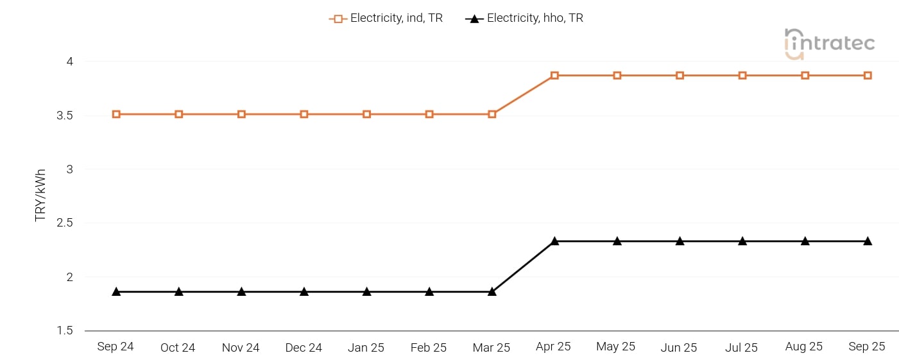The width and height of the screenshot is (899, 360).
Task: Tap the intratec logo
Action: [x=829, y=43]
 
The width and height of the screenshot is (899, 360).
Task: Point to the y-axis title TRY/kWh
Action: [x=41, y=196]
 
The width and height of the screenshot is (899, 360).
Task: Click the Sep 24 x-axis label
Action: [x=116, y=347]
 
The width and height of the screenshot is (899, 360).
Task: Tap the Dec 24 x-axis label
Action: [x=304, y=347]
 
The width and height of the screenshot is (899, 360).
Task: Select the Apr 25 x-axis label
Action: [x=553, y=347]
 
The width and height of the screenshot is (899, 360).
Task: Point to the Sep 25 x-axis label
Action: [x=867, y=347]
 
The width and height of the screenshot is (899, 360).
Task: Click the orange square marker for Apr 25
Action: [x=554, y=76]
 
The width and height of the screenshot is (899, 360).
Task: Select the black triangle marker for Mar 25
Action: [x=492, y=291]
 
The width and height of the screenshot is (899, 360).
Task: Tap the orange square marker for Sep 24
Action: [x=116, y=114]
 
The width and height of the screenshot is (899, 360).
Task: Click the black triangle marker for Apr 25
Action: [x=554, y=241]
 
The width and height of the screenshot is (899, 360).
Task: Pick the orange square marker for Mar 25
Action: [x=492, y=114]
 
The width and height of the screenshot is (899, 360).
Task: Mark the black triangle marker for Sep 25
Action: [x=868, y=241]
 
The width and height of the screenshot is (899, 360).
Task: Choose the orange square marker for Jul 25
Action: [x=742, y=76]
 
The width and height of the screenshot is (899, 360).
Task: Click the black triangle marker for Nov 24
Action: [x=241, y=291]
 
